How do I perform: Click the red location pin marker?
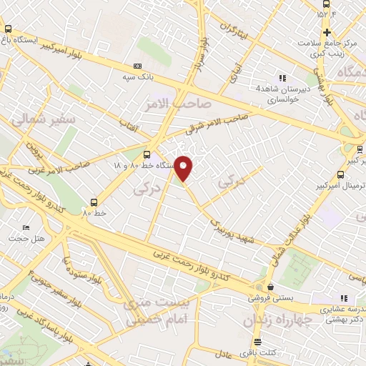(184, 168)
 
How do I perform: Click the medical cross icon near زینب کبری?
(327, 32)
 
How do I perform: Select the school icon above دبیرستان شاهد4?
(282, 78)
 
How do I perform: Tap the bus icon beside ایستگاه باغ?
(8, 29)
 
